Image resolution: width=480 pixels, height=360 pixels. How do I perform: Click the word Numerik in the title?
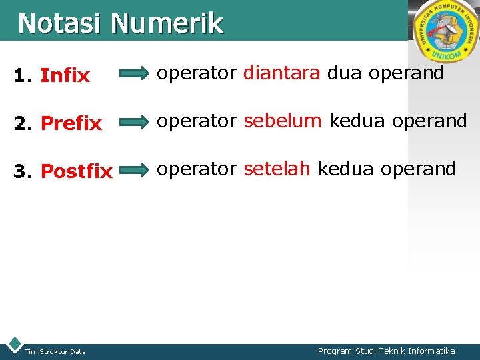click(167, 23)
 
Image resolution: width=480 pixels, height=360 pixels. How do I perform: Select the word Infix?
click(65, 76)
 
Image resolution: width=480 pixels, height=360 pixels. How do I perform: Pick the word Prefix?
click(71, 123)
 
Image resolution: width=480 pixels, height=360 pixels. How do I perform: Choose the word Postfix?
click(77, 171)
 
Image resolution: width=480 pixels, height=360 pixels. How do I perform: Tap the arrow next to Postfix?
click(135, 170)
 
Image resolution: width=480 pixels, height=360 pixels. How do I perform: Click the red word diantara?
click(281, 73)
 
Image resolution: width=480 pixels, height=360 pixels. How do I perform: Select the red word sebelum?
click(283, 121)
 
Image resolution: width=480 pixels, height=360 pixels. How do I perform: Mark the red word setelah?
click(277, 169)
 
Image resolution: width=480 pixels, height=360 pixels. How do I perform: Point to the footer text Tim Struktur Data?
click(55, 351)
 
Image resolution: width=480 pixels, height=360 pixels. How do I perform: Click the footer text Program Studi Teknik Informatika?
click(387, 351)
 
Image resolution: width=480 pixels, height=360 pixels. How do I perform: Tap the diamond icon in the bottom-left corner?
click(13, 345)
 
